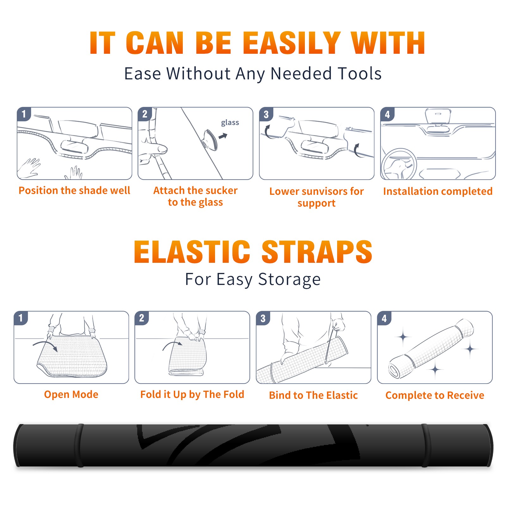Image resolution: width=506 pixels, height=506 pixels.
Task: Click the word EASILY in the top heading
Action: [x=292, y=43]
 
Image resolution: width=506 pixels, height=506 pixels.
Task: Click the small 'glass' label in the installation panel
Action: [x=230, y=123]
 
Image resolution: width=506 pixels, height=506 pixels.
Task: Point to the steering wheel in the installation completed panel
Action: [x=399, y=164]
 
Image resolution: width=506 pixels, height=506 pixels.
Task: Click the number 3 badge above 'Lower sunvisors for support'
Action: [x=266, y=114]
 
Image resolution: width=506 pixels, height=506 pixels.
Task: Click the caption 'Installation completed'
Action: [x=438, y=191]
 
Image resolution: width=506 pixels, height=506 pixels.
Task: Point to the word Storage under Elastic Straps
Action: [x=289, y=279]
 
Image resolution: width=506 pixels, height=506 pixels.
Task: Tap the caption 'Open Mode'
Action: [x=71, y=394]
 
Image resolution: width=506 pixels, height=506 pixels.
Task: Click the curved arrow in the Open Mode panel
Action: [x=45, y=343]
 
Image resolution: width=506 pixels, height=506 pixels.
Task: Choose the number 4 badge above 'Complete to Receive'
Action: [x=384, y=318]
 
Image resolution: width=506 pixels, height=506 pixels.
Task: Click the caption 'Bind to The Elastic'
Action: [x=313, y=395]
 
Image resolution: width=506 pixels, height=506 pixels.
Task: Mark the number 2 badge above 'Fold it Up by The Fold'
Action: [x=142, y=318]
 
